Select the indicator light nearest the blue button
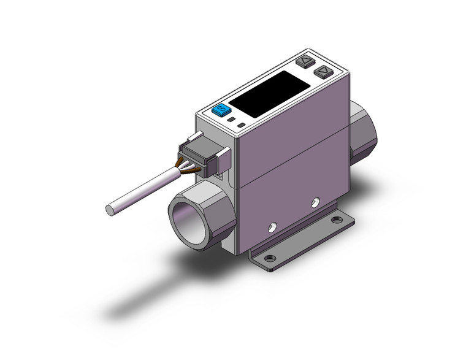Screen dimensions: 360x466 pos(231,121)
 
